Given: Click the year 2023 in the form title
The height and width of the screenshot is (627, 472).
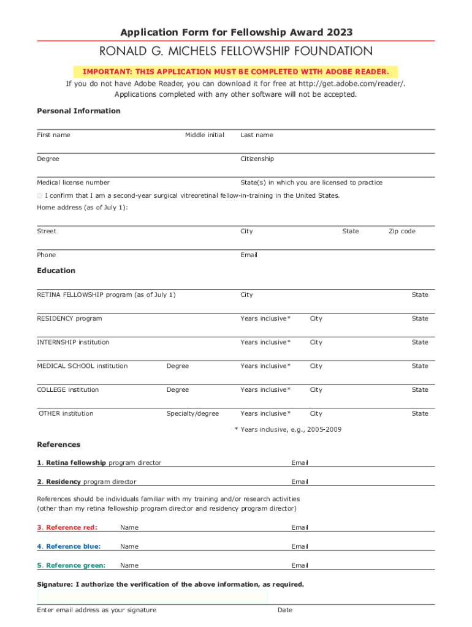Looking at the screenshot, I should (340, 32).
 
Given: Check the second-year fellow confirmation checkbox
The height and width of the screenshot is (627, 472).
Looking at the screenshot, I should (40, 195).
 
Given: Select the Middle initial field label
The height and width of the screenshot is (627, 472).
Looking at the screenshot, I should (205, 135).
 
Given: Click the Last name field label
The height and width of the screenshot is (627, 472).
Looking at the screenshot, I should (257, 135).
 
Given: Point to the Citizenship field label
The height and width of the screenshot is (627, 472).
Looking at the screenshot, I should (257, 159).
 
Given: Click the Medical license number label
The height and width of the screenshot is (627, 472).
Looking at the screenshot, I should (74, 182).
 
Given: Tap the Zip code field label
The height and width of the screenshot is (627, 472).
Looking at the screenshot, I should (402, 231).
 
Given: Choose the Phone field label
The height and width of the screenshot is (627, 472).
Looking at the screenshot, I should (46, 255).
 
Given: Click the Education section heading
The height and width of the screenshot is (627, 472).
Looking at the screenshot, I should (56, 271).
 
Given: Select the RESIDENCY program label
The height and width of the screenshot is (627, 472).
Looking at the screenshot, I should (69, 318).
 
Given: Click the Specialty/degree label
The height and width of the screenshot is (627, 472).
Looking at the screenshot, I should (192, 413).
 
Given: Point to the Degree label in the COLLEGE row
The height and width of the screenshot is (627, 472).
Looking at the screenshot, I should (178, 389).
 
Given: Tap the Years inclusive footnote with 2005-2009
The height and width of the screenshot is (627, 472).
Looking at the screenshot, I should (288, 429).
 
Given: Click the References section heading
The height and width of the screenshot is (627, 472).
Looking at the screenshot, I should (59, 445).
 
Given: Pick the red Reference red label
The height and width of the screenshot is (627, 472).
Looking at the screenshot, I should (67, 527).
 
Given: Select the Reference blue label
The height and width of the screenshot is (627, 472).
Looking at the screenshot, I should (69, 546).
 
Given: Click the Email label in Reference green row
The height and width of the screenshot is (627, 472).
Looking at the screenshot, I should (300, 565).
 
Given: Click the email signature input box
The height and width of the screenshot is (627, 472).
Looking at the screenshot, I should (152, 597).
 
